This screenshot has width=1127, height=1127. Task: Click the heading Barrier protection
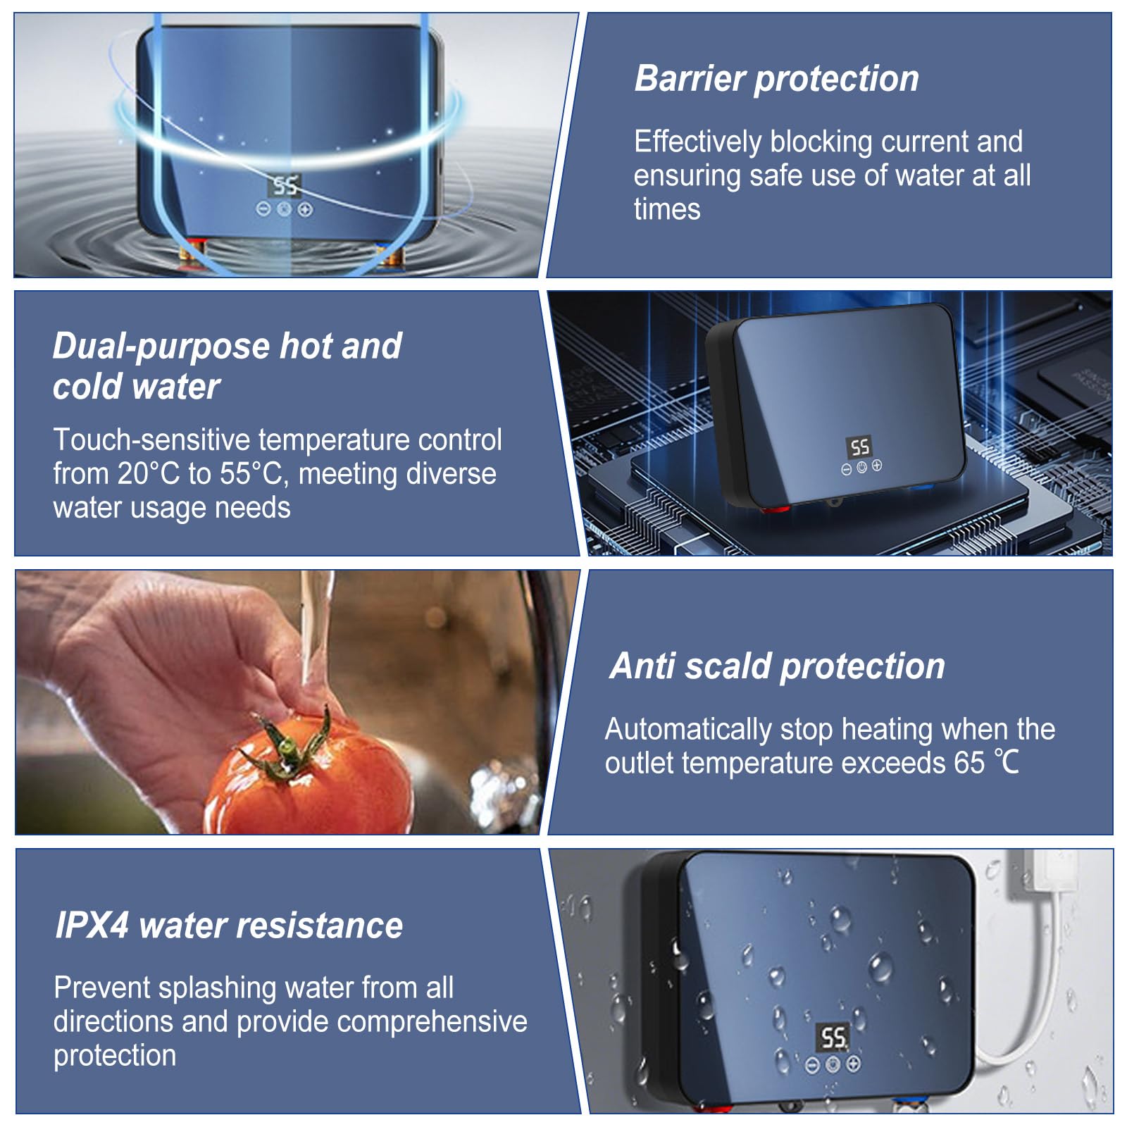776,78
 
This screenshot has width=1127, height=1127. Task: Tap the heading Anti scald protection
778,666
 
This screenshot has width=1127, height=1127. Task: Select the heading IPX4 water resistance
229,926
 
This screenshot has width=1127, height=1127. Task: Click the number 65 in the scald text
969,763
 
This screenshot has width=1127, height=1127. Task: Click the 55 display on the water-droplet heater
833,1037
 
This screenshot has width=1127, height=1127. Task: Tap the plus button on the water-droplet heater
853,1064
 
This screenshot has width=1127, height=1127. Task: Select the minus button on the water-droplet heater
812,1064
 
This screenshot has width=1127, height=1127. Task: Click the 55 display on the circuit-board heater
859,447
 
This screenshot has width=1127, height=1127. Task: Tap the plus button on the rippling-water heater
305,209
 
